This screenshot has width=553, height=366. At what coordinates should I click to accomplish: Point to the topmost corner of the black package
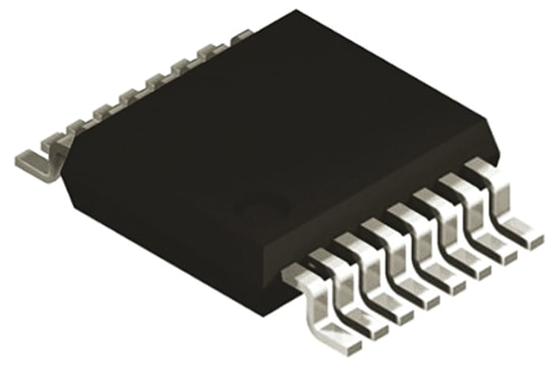click(296, 11)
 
